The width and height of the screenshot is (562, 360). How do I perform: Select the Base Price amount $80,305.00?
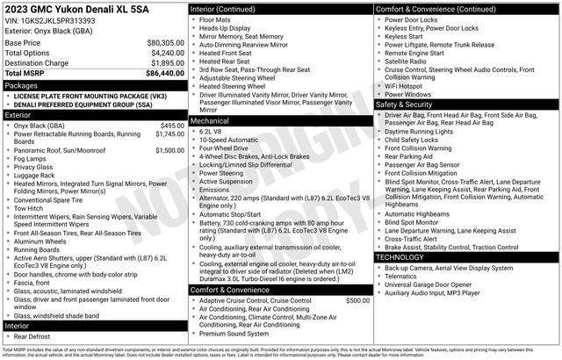tap(165, 42)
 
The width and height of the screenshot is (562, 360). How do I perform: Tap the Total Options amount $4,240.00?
tap(167, 53)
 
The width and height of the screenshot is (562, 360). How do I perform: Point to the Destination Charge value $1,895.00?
tap(167, 63)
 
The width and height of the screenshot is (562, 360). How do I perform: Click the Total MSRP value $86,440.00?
tap(165, 74)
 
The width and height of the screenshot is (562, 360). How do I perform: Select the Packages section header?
tap(21, 86)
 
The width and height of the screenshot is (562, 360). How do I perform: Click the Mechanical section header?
tap(210, 120)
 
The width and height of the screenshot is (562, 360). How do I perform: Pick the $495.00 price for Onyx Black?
tap(172, 126)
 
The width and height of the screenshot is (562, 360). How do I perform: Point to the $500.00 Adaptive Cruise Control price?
tap(357, 300)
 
